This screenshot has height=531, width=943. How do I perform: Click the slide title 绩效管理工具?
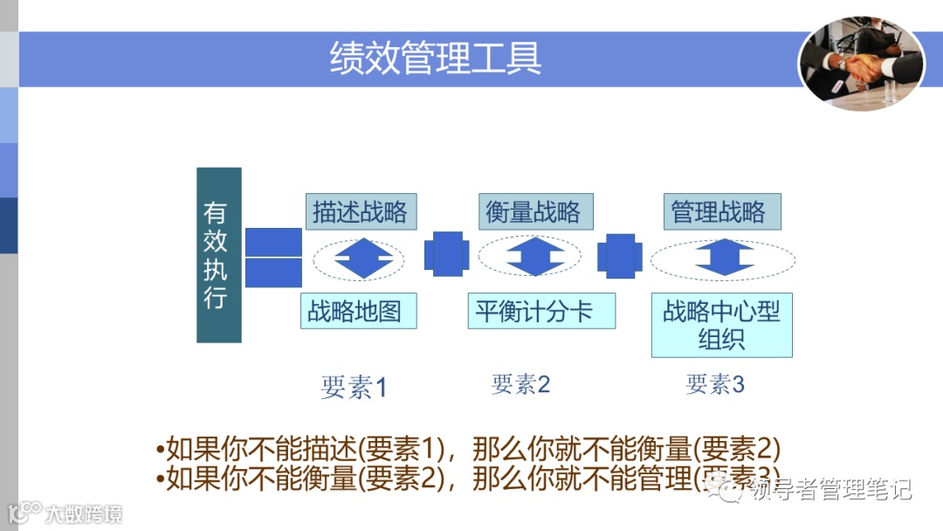click(436, 58)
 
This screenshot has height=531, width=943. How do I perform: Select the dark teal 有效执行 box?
click(218, 255)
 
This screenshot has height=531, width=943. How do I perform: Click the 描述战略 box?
click(361, 212)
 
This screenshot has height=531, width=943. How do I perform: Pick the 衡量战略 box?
click(533, 212)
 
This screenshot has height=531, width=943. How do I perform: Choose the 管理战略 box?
click(718, 212)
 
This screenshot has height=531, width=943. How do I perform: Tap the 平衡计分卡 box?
click(541, 311)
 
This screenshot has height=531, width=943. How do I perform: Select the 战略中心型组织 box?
click(721, 325)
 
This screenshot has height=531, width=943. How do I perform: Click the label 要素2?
click(520, 384)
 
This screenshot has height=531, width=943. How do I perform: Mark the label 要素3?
click(715, 384)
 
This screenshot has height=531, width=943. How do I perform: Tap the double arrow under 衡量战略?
click(536, 258)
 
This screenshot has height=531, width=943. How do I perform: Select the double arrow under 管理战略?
click(724, 259)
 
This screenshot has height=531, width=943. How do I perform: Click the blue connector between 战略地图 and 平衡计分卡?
click(446, 254)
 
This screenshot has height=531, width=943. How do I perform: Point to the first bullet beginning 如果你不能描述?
click(467, 450)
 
